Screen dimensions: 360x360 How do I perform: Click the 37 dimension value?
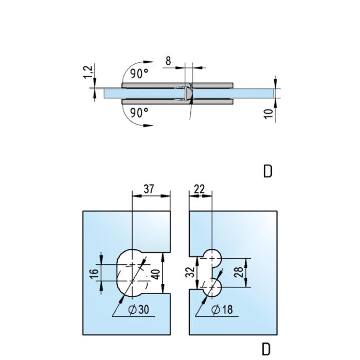tap(149, 189)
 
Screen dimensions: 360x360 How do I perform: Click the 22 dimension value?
tap(199, 189)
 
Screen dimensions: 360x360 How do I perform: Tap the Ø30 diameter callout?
tap(138, 310)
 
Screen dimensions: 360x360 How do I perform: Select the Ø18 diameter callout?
tap(222, 310)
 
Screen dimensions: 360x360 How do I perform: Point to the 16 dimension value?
tap(94, 274)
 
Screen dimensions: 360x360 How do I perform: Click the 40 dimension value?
tap(156, 274)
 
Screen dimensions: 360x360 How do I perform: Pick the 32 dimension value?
tap(190, 272)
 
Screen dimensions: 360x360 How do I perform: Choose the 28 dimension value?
tap(239, 272)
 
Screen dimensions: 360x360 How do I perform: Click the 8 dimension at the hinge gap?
tap(168, 61)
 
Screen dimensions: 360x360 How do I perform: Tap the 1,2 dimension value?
tap(88, 72)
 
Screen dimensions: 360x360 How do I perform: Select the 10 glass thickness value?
tap(268, 114)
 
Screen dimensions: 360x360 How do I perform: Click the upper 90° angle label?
tap(139, 73)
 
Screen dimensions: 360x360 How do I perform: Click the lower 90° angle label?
tap(139, 113)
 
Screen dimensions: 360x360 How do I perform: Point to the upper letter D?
tap(267, 171)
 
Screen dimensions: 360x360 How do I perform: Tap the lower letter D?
tap(266, 349)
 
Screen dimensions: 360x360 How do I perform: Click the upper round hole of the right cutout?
tap(212, 258)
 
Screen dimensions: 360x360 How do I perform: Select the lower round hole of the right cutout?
tap(212, 287)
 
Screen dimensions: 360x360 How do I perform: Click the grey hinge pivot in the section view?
tap(189, 94)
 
